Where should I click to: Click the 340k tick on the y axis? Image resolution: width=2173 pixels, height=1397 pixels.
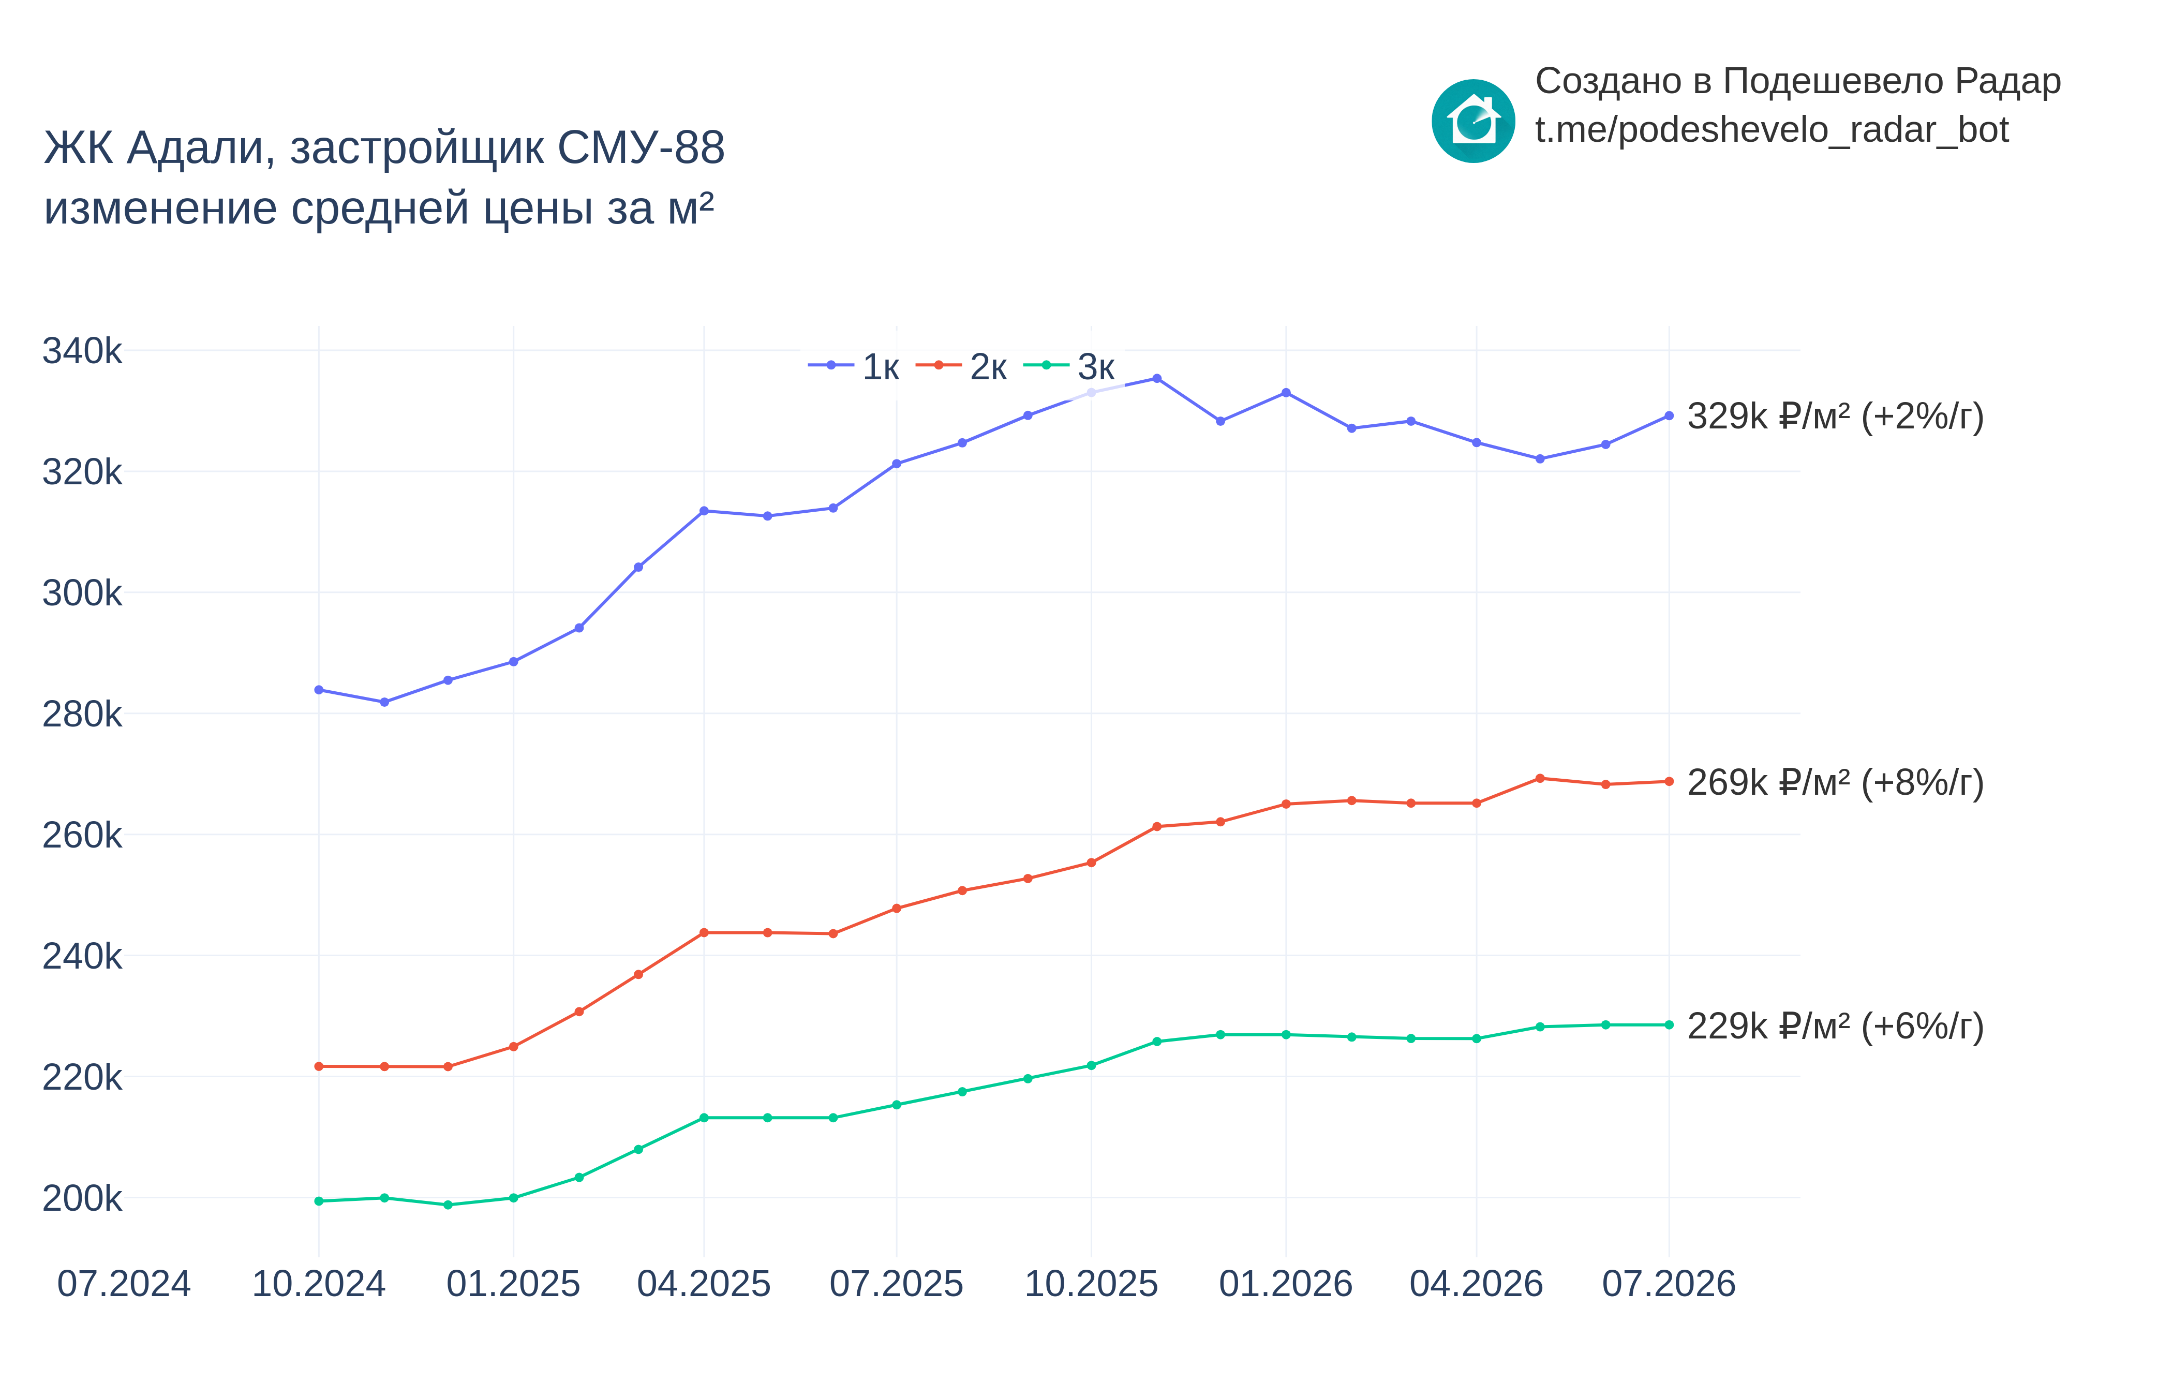click(82, 351)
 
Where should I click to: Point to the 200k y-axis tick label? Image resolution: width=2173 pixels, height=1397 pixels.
click(82, 1198)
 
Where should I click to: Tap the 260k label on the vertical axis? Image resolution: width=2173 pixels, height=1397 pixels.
click(82, 836)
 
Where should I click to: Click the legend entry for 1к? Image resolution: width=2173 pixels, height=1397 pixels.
click(853, 366)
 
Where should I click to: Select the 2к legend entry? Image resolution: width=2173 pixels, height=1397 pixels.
click(961, 366)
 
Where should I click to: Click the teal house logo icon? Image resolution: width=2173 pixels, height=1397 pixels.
click(1473, 121)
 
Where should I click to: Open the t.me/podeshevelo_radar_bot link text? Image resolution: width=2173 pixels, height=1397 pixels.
click(1771, 130)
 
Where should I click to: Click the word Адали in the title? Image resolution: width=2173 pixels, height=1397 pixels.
click(200, 148)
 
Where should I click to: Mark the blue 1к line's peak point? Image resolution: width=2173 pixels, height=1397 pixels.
click(1156, 378)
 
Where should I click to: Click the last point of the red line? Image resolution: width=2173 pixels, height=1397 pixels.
click(1669, 781)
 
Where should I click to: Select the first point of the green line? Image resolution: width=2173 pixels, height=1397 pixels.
click(318, 1201)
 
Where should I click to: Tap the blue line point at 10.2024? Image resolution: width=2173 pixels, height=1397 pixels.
click(318, 689)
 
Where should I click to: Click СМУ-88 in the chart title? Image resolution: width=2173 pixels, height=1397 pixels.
click(641, 148)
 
